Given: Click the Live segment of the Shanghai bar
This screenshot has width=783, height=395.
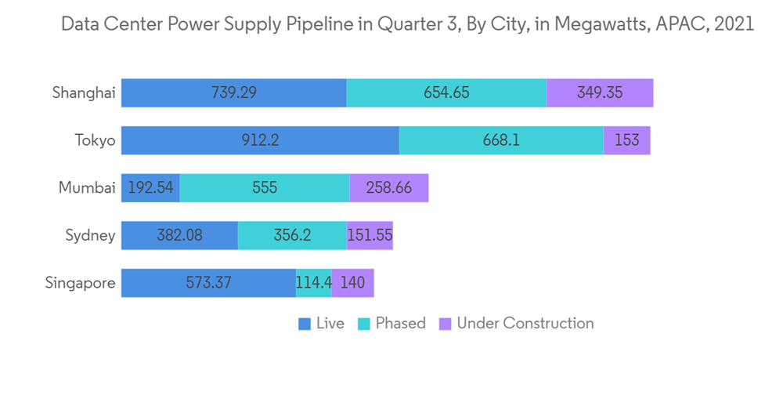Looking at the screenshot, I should point(233,92).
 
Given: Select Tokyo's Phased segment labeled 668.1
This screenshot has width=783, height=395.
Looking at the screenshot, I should point(501,140).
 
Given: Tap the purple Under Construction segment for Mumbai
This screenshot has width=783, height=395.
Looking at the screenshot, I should point(389,188).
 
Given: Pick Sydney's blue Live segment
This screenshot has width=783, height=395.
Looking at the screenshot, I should point(179,235).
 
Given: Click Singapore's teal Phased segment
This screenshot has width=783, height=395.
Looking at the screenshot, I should point(313,283).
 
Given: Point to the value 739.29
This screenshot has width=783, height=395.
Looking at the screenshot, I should point(233,92).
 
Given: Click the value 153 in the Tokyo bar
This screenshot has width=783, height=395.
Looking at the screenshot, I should point(626,140).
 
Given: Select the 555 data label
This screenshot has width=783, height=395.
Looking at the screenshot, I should point(265,188).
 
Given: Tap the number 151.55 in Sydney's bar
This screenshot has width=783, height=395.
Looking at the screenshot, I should point(370,235).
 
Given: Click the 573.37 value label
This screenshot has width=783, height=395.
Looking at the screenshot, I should point(208,283).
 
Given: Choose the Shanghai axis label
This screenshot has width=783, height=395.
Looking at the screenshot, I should point(84,92).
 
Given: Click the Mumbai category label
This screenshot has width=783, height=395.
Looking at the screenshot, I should point(87,188).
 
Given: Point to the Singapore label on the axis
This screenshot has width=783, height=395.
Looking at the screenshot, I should point(80,283).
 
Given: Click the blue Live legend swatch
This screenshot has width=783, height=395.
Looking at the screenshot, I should point(305,324).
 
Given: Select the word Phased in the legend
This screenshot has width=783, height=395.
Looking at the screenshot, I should point(400,323).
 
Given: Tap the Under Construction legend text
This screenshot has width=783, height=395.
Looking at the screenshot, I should point(525,323).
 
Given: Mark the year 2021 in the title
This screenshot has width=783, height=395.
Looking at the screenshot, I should point(733,24).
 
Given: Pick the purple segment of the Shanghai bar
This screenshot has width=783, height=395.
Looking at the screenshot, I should point(600,92).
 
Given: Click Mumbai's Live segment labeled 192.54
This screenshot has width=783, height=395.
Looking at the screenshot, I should point(150,188).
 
